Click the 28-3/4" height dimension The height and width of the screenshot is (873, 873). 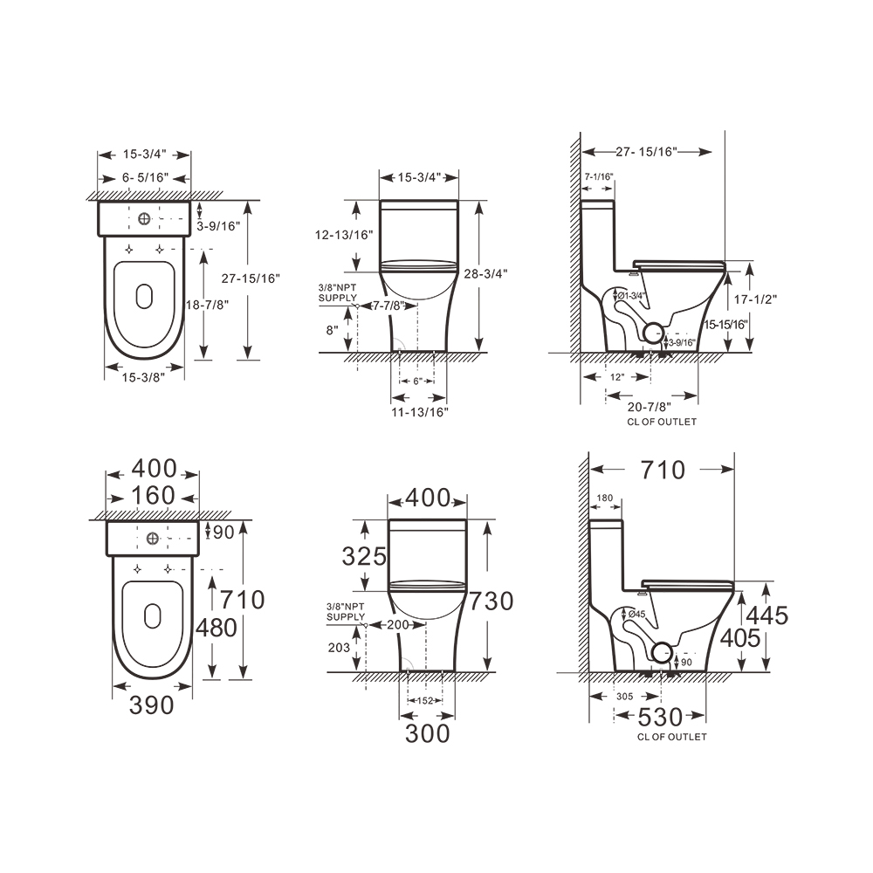coord(486,274)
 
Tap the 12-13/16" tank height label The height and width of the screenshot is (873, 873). coord(344,235)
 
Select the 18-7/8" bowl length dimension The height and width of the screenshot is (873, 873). coord(207,305)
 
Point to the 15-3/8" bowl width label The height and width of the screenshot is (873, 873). coord(144,377)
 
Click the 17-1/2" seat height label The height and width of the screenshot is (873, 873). coord(755,299)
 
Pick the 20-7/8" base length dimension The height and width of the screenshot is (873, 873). coord(650,408)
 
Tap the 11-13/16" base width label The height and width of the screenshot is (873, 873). coord(420,412)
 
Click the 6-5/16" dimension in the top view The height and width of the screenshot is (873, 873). coord(145,177)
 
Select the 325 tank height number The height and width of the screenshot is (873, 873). coord(364,556)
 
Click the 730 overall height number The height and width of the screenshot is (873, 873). coord(491,601)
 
